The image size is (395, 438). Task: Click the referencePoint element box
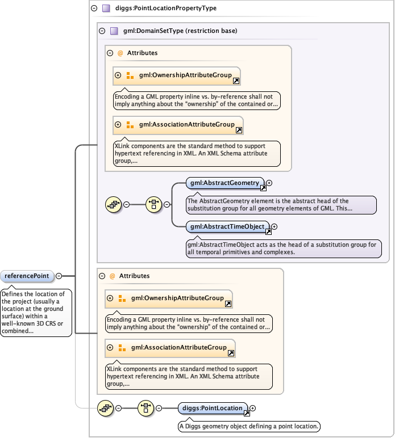[27, 276]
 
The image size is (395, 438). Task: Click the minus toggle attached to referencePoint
[59, 276]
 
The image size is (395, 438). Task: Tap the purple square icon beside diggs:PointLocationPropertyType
[106, 9]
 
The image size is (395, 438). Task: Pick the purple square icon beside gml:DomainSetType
[114, 31]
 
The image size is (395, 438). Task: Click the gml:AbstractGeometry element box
[224, 183]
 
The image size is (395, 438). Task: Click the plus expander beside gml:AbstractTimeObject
[275, 226]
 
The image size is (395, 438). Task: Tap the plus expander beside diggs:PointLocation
[253, 408]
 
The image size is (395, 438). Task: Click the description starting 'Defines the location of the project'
[36, 313]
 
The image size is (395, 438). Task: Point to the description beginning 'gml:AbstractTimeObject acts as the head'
[284, 249]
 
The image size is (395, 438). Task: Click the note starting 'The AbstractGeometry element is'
[281, 205]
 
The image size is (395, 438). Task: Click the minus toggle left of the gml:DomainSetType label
[102, 31]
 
